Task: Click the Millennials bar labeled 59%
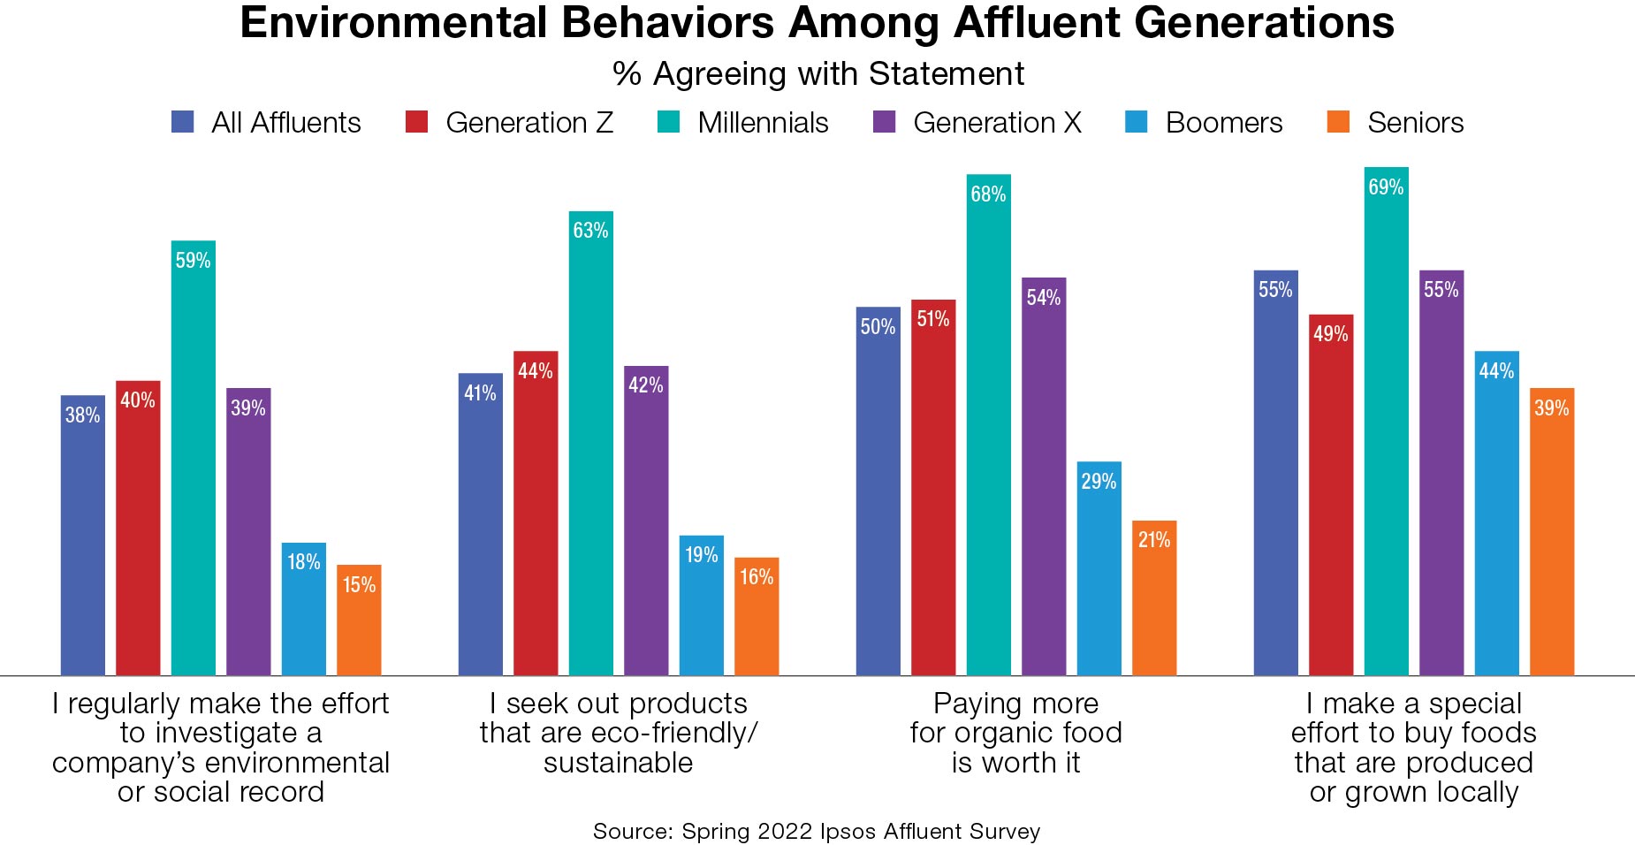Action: click(x=193, y=460)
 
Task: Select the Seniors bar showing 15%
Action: click(x=359, y=620)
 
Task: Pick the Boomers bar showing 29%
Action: click(x=1099, y=569)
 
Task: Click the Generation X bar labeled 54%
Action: click(x=1044, y=477)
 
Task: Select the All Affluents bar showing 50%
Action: click(x=878, y=491)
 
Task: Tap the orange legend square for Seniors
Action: click(x=1338, y=122)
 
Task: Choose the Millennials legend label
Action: click(x=763, y=122)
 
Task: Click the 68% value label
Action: click(x=988, y=194)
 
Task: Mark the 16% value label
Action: click(x=757, y=577)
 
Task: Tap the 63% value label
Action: click(x=590, y=231)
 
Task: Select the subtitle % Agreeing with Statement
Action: click(x=818, y=74)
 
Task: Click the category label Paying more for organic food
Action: click(x=1015, y=733)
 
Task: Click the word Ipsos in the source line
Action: click(x=848, y=832)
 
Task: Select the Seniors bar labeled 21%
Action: click(x=1154, y=598)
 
